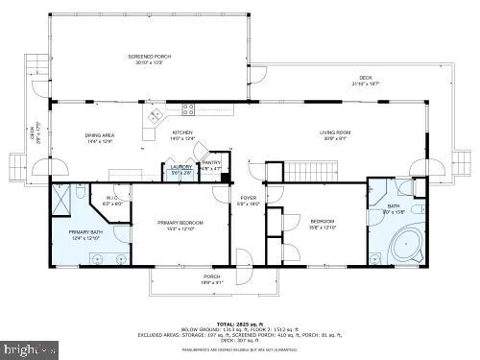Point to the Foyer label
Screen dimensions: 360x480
click(249, 200)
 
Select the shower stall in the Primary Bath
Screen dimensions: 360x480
click(63, 200)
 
